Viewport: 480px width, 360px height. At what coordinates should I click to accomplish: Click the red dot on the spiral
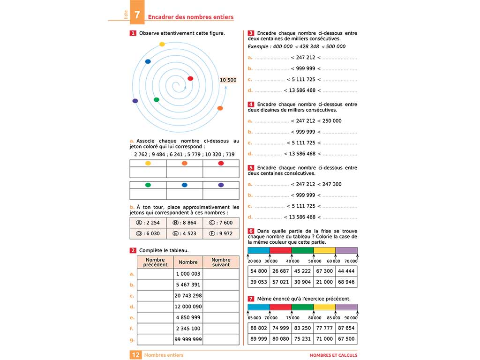coord(190,79)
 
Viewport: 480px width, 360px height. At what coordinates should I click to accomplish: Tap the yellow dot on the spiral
coord(162,44)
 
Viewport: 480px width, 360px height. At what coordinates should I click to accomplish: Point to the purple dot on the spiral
coord(135,101)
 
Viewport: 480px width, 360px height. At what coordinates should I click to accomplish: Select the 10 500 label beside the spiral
coord(228,80)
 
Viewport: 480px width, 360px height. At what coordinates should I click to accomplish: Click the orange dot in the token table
coord(184,163)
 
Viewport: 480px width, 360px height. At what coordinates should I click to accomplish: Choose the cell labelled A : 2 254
coord(148,223)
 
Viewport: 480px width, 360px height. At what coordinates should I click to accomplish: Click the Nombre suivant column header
coord(221,262)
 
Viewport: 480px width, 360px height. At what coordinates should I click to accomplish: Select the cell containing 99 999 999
coord(188,339)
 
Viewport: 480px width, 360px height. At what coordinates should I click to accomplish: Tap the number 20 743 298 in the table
coord(188,295)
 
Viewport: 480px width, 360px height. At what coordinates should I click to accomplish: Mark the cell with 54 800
coord(259,271)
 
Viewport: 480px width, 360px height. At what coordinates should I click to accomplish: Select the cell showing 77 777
coord(324,328)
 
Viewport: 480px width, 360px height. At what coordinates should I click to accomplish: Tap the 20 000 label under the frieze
coord(255,261)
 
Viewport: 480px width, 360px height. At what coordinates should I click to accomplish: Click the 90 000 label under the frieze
coord(351,318)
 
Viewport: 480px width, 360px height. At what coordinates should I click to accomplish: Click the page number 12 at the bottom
coord(135,355)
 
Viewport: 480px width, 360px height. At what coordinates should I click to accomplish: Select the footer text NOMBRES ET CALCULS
coord(333,355)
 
